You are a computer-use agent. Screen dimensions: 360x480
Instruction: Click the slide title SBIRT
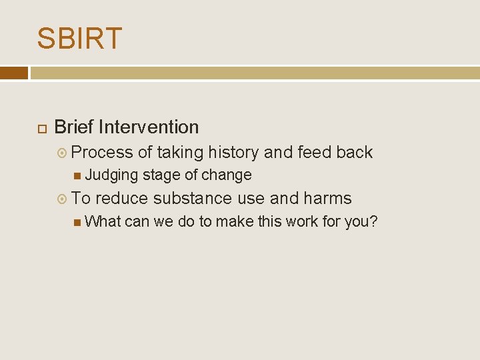pyautogui.click(x=79, y=39)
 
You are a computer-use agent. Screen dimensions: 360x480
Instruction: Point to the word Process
pyautogui.click(x=102, y=153)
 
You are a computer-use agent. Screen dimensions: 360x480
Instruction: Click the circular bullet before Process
pyautogui.click(x=62, y=153)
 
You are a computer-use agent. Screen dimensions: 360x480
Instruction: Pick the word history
pyautogui.click(x=233, y=153)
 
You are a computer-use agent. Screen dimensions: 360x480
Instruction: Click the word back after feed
pyautogui.click(x=354, y=153)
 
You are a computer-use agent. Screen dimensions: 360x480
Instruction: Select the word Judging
pyautogui.click(x=111, y=175)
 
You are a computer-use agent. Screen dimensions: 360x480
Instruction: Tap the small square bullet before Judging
pyautogui.click(x=78, y=175)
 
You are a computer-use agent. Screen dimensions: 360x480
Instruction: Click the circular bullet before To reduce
pyautogui.click(x=62, y=199)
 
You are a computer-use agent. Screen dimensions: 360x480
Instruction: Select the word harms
pyautogui.click(x=327, y=199)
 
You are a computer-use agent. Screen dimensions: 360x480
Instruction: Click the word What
pyautogui.click(x=103, y=221)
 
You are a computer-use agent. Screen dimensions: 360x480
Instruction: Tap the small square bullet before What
pyautogui.click(x=78, y=221)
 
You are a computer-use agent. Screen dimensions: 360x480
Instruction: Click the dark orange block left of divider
pyautogui.click(x=14, y=73)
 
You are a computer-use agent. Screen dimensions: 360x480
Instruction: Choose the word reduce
pyautogui.click(x=122, y=199)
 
